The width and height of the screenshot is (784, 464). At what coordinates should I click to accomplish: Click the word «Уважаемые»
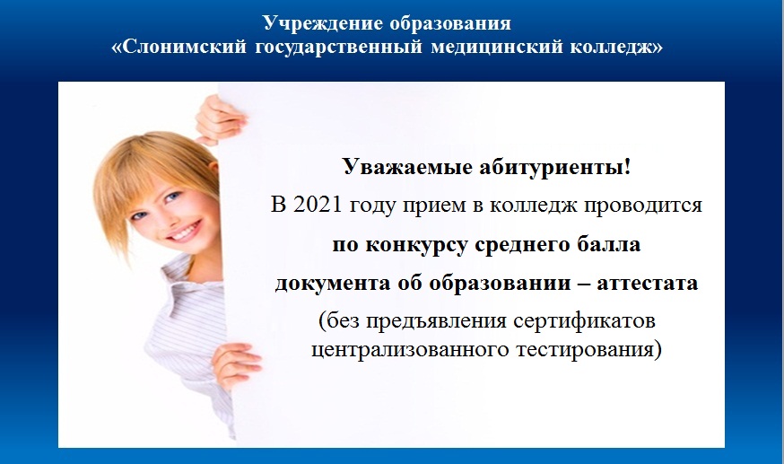pos(407,167)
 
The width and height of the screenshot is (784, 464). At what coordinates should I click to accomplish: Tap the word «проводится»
pos(642,206)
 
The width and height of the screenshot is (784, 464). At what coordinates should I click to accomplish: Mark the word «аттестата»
pos(648,284)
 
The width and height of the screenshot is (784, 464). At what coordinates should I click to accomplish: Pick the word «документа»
pos(333,284)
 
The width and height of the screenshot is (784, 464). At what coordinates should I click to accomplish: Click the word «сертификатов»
pos(584,321)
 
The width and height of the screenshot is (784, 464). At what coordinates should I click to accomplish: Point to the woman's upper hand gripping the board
pos(219,119)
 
